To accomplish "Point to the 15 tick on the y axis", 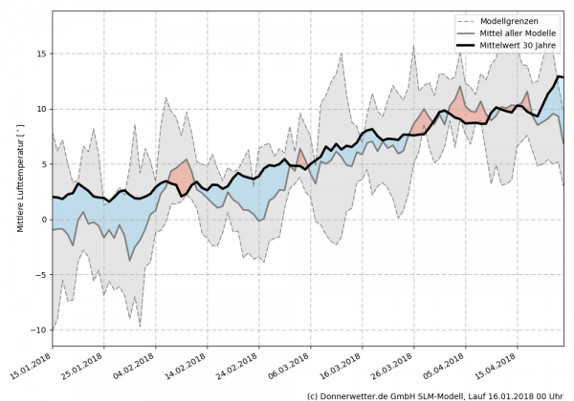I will pyautogui.click(x=41, y=53).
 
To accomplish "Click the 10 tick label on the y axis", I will pyautogui.click(x=41, y=109).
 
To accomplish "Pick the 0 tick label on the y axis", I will pyautogui.click(x=44, y=220).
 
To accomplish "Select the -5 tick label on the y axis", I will pyautogui.click(x=41, y=275).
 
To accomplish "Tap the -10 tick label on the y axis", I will pyautogui.click(x=39, y=330).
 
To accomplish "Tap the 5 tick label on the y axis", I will pyautogui.click(x=44, y=164).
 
